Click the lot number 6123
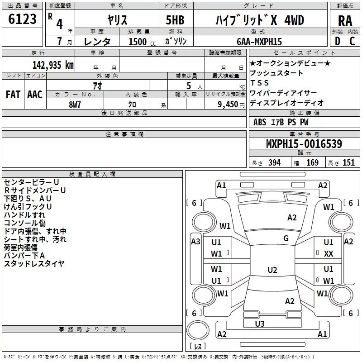[x=22, y=19]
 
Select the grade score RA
[x=345, y=21]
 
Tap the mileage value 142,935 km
[x=53, y=65]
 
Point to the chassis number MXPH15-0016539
[x=304, y=143]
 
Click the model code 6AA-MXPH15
[x=259, y=42]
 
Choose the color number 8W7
[x=75, y=105]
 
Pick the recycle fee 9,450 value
[x=228, y=105]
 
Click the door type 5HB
[x=175, y=20]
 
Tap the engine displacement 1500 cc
[x=142, y=42]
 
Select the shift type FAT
[x=13, y=95]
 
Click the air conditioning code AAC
[x=35, y=95]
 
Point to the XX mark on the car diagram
[x=329, y=254]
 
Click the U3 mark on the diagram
[x=260, y=324]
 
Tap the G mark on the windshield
[x=286, y=238]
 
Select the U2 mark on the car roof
[x=272, y=270]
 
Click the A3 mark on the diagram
[x=195, y=242]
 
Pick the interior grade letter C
[x=352, y=41]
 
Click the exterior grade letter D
[x=338, y=41]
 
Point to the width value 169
[x=312, y=162]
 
